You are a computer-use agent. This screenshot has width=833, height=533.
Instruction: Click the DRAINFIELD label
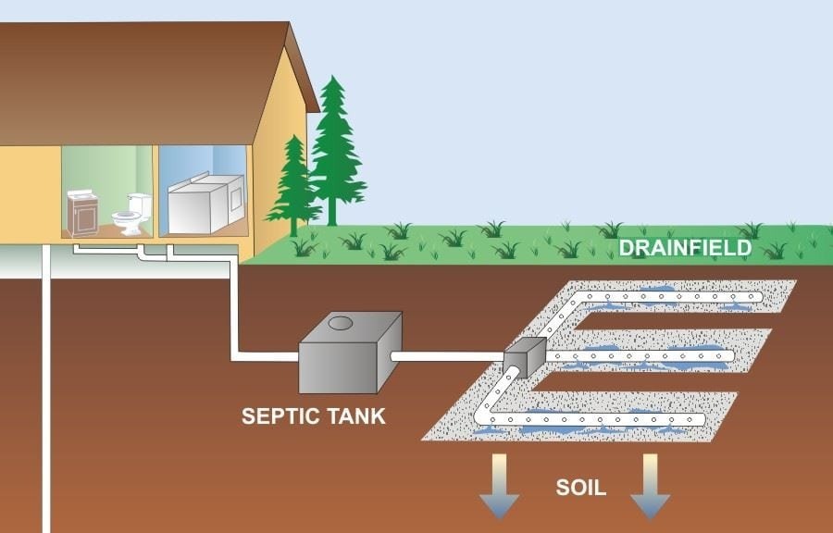pos(685,248)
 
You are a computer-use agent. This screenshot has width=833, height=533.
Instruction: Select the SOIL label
pos(580,487)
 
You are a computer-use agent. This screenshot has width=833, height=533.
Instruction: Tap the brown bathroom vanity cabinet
pos(82,212)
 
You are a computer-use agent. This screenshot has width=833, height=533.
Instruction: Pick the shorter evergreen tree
pos(293,185)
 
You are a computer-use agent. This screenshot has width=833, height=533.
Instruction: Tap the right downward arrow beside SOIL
pos(650,486)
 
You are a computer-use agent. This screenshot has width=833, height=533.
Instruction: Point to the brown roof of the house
pos(139,74)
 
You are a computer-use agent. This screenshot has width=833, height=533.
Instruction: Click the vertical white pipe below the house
pos(46,398)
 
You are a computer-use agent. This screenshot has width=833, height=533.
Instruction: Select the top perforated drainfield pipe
pos(666,296)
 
